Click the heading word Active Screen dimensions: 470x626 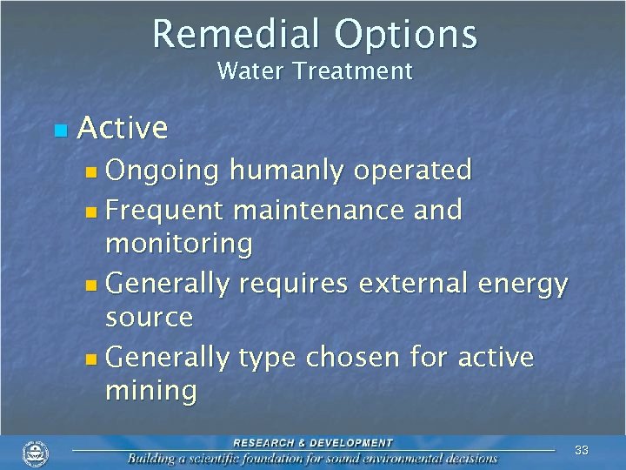[x=123, y=128]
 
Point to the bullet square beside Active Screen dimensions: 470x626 [x=59, y=131]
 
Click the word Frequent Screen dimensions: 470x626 [x=165, y=210]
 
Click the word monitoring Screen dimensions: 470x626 [x=178, y=245]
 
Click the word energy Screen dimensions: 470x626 [x=522, y=285]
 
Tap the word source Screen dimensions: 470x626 [x=149, y=318]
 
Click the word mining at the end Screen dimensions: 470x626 [x=150, y=392]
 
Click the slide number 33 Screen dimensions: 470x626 [x=582, y=450]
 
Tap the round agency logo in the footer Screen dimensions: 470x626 [x=36, y=453]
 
